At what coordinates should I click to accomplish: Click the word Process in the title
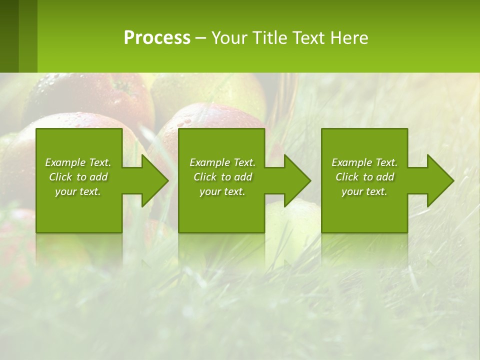coord(157,38)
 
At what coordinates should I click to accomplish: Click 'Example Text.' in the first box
coord(78,162)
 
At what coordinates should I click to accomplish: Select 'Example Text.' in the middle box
coord(222,162)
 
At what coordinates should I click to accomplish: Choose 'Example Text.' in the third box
coord(364,162)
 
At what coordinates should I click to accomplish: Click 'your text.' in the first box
coord(78,191)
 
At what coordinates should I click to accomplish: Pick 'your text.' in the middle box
coord(222,191)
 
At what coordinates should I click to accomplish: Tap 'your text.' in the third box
coord(364,191)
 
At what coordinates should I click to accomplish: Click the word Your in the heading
coord(227,38)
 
